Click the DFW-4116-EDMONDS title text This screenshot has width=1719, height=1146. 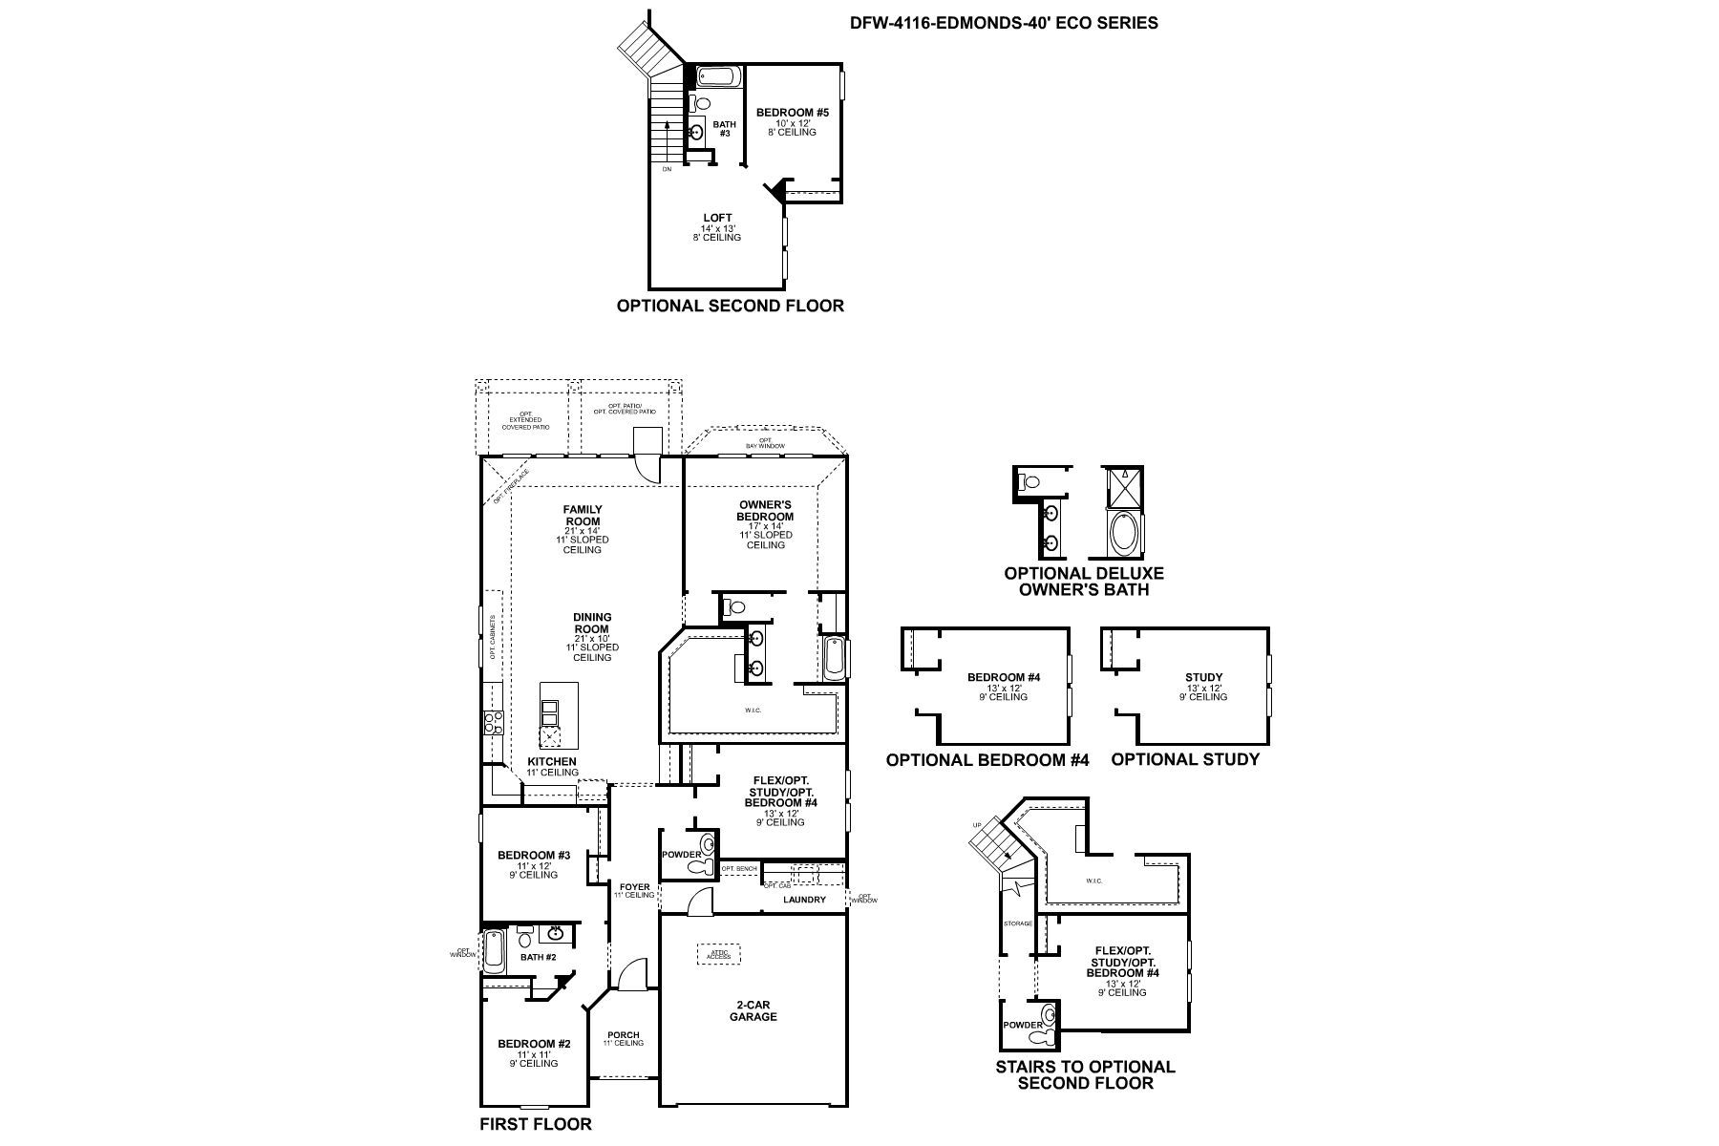pos(1004,22)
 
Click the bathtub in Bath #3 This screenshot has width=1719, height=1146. pos(715,76)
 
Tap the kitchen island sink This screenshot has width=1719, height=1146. pos(551,713)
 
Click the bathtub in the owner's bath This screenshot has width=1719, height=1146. pos(834,658)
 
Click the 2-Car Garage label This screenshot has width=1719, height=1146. pos(755,1010)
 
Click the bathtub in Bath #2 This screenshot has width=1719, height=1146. pos(494,951)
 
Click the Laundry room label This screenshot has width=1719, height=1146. pos(804,900)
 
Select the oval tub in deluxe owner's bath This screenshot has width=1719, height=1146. pos(1123,534)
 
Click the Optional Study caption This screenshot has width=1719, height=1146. pos(1184,759)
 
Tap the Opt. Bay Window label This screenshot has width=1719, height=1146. pos(765,443)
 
